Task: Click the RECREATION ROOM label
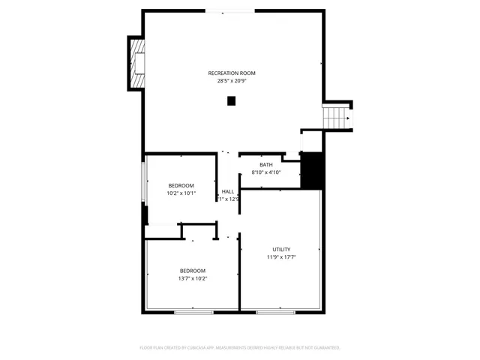pos(232,73)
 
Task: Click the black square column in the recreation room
pos(231,101)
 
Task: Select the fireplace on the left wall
pos(136,63)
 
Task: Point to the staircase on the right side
pos(337,116)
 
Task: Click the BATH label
pos(266,165)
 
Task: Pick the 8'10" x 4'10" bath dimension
pos(266,172)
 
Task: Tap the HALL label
pos(228,191)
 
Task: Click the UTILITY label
pos(281,250)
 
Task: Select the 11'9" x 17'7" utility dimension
pos(281,257)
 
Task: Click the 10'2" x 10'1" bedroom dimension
pos(181,193)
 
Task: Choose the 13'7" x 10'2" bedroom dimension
pos(192,278)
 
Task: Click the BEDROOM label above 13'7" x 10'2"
pos(192,271)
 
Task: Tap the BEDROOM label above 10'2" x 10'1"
pos(181,186)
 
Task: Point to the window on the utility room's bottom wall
pos(275,311)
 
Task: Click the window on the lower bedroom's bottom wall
pos(193,311)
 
